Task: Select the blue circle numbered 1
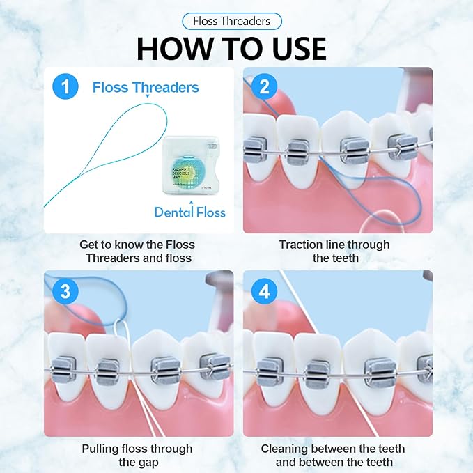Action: click(65, 87)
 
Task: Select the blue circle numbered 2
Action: click(264, 87)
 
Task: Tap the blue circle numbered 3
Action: click(65, 291)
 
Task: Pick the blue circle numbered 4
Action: click(264, 291)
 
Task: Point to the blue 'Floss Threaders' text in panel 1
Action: click(146, 88)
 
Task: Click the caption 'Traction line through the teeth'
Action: click(334, 251)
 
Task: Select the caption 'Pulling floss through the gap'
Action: click(137, 455)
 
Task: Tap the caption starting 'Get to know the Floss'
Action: click(137, 251)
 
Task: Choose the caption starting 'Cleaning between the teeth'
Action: click(333, 455)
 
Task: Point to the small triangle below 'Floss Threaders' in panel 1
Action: click(147, 100)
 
